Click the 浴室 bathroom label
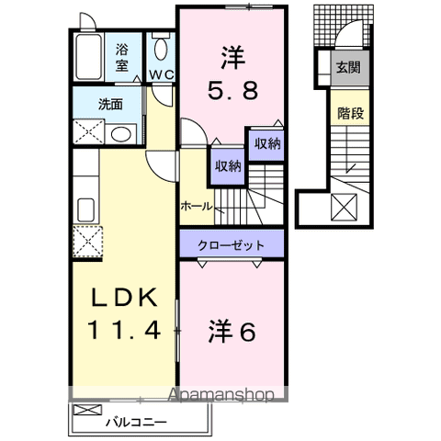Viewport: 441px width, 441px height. point(121,59)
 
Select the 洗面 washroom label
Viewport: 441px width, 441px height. point(111,104)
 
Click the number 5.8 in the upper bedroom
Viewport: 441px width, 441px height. point(231,91)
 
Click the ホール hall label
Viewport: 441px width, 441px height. point(197,205)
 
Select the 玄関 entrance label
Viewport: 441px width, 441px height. point(347,66)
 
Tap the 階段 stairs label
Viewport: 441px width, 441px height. point(347,114)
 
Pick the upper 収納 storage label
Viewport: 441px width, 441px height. point(267,143)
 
